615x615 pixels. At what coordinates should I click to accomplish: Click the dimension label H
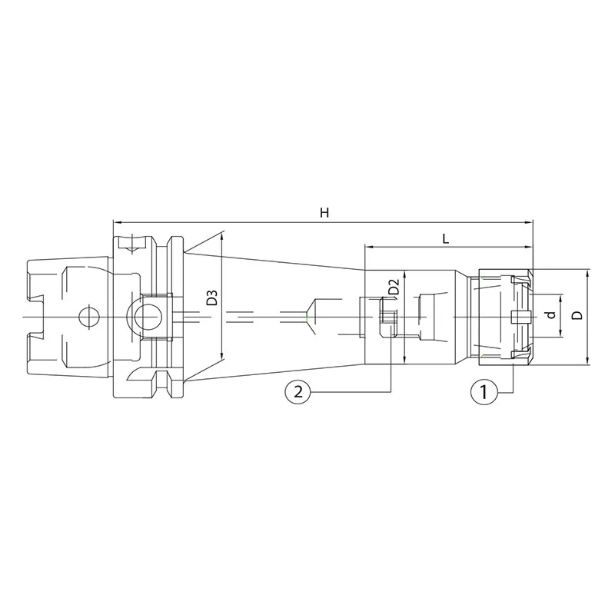coord(324,213)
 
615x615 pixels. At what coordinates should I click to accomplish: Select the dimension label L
coord(446,238)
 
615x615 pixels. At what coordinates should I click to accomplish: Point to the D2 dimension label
coord(394,287)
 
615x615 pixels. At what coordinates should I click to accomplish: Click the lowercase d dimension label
coord(552,314)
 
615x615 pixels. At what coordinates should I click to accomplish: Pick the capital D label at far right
coord(577,315)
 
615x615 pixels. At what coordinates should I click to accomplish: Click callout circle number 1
coord(484,391)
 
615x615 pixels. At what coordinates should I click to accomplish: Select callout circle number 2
coord(298,391)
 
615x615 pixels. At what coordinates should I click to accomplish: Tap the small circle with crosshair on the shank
coord(89,316)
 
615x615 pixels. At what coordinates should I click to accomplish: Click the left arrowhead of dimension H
coord(117,222)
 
